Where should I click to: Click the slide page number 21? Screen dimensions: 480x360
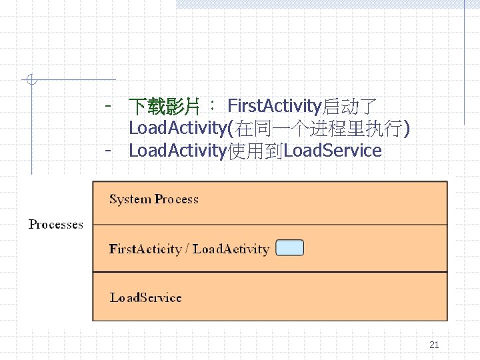[434, 345]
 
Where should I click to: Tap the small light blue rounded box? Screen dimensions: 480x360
[289, 248]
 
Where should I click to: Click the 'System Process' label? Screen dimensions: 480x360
[154, 199]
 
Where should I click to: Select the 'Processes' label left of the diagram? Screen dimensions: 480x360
[56, 225]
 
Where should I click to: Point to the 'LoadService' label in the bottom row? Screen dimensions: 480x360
[145, 297]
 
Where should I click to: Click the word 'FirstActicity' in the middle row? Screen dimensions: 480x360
[145, 249]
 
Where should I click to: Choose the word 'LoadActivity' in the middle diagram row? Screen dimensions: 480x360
[231, 249]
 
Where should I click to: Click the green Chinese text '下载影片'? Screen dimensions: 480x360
[164, 106]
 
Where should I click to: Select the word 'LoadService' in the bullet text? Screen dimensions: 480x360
[333, 151]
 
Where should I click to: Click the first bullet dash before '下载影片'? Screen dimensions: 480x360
[107, 105]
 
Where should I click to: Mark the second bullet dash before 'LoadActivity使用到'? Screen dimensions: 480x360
[107, 150]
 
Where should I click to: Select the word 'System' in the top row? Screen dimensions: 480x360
[130, 199]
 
